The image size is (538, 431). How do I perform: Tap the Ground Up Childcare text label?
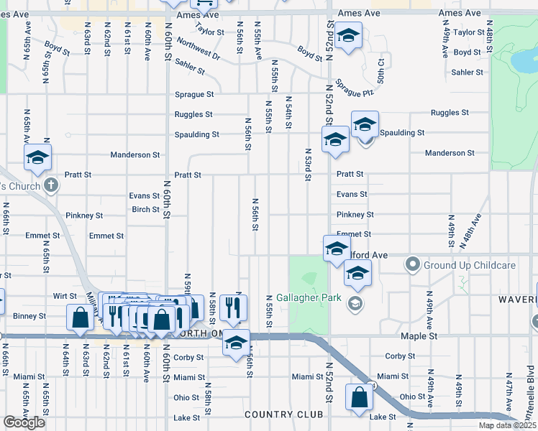tap(468, 265)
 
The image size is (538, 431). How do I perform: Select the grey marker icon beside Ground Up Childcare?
tap(412, 265)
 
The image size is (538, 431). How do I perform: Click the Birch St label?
tap(145, 210)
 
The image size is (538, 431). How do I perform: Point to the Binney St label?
tap(29, 315)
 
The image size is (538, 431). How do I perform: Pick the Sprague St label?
tap(194, 94)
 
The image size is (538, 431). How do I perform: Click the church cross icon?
tap(50, 186)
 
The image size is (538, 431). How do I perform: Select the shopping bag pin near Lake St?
tap(358, 398)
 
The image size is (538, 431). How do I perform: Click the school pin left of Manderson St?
tap(37, 159)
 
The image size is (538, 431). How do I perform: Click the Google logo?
tap(24, 422)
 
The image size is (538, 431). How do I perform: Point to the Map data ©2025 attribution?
tap(507, 425)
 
